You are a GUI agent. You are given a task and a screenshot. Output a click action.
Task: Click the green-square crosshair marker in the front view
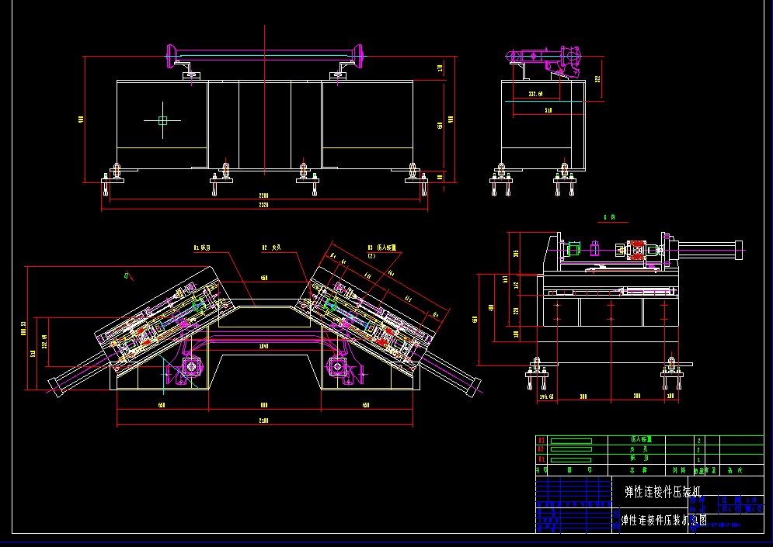[x=162, y=120]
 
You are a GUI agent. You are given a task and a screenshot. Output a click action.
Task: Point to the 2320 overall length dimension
[x=264, y=206]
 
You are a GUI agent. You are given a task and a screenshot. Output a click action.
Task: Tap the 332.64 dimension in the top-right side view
[x=535, y=94]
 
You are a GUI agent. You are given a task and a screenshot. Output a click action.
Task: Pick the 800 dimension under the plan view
[x=263, y=405]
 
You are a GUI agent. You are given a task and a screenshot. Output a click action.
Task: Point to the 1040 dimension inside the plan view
[x=263, y=345]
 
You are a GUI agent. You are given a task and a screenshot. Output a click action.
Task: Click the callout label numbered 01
[x=202, y=248]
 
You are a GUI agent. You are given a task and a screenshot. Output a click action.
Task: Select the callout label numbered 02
[x=270, y=248]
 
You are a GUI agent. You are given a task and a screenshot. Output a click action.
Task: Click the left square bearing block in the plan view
[x=190, y=365]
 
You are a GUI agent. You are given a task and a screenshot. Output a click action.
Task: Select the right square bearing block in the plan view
[x=337, y=365]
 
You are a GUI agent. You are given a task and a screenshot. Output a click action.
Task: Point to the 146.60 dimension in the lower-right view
[x=546, y=397]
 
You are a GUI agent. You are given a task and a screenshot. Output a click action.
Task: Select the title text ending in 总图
[x=664, y=521]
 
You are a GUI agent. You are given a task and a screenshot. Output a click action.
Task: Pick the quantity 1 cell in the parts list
[x=699, y=460]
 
